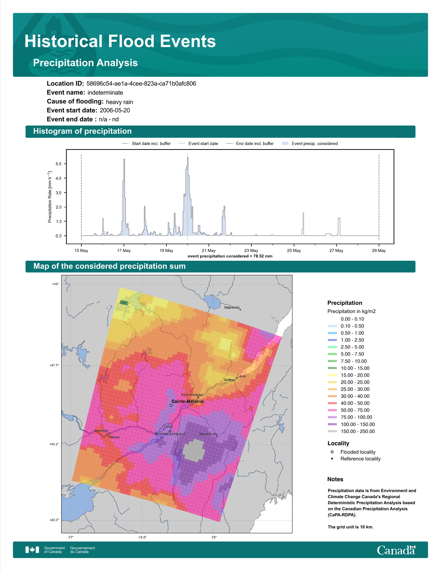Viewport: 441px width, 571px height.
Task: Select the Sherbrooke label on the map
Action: [208, 434]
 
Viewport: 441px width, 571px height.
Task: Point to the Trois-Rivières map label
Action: [191, 395]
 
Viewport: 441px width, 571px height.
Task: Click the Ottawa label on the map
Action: [114, 437]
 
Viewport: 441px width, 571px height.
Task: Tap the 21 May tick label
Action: [209, 251]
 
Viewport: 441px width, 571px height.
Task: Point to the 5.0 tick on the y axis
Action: [58, 164]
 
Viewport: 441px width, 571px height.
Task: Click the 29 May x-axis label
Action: [379, 251]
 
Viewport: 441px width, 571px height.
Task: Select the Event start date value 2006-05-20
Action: [115, 110]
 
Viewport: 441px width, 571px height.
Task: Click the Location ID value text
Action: [141, 84]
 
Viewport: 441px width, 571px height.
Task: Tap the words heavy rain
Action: [119, 102]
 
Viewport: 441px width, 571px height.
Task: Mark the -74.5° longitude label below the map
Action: [142, 537]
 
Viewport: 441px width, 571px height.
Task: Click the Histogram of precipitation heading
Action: [82, 131]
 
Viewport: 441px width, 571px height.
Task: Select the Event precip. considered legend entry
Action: [310, 144]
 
